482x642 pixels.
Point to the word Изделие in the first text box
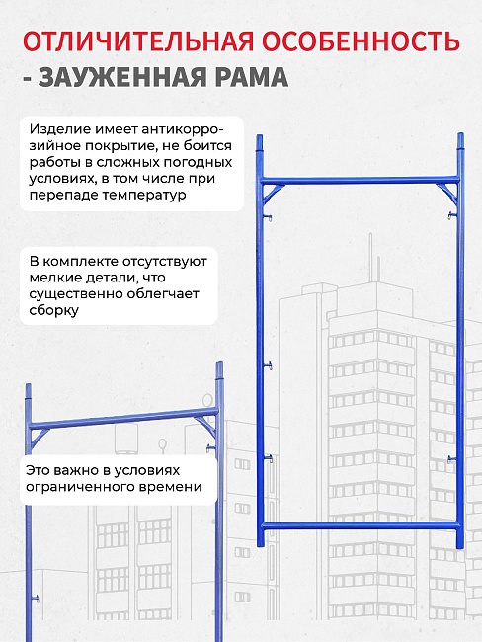57,129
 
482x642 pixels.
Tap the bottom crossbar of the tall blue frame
361,524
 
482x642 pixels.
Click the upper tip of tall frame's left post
261,140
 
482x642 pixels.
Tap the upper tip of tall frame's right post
460,137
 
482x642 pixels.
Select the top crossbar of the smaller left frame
123,421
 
